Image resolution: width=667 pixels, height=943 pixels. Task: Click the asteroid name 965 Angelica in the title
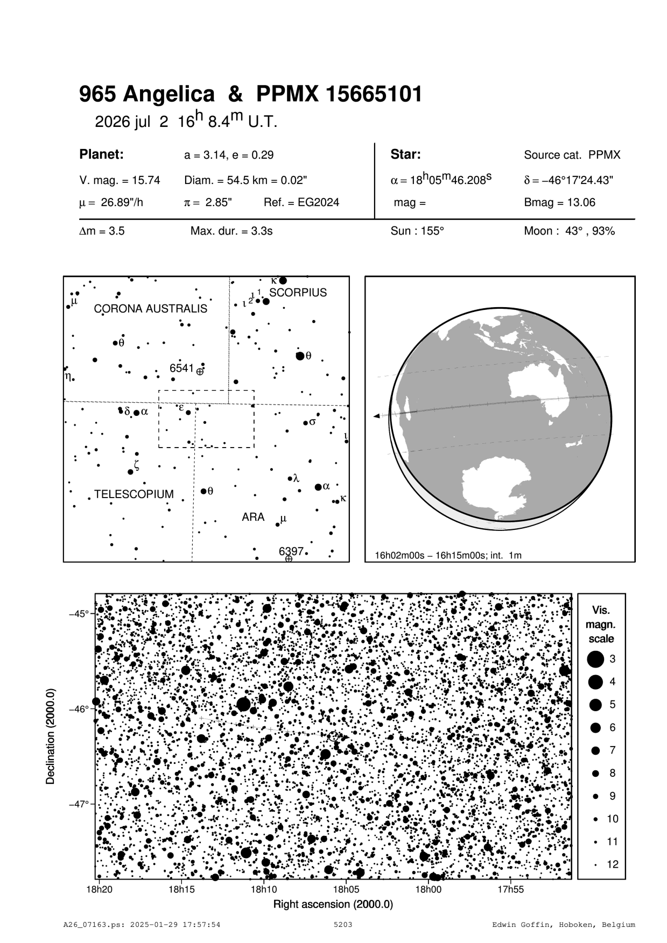[x=146, y=95]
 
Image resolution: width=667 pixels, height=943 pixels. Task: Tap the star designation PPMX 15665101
[x=339, y=95]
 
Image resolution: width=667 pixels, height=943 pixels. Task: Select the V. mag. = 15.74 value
[x=120, y=180]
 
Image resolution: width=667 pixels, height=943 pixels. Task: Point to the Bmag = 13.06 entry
[x=559, y=203]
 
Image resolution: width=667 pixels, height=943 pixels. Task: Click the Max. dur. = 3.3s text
[x=231, y=231]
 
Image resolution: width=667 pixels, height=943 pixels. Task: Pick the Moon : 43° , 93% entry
[x=569, y=231]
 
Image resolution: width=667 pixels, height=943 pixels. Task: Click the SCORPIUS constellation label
[x=298, y=293]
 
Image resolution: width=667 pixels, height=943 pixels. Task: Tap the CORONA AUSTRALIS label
[x=150, y=309]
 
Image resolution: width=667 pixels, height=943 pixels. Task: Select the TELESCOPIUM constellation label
[x=134, y=494]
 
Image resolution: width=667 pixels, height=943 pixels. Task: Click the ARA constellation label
[x=253, y=517]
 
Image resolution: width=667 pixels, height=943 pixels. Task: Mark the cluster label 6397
[x=291, y=551]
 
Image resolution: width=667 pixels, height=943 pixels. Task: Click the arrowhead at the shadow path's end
[x=376, y=416]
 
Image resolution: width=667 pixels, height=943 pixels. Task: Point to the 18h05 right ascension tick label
[x=346, y=889]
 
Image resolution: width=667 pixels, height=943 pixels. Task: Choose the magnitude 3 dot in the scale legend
[x=595, y=658]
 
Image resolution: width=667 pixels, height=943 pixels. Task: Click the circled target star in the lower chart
[x=333, y=736]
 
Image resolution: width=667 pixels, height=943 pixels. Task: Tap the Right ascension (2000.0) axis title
[x=333, y=904]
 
